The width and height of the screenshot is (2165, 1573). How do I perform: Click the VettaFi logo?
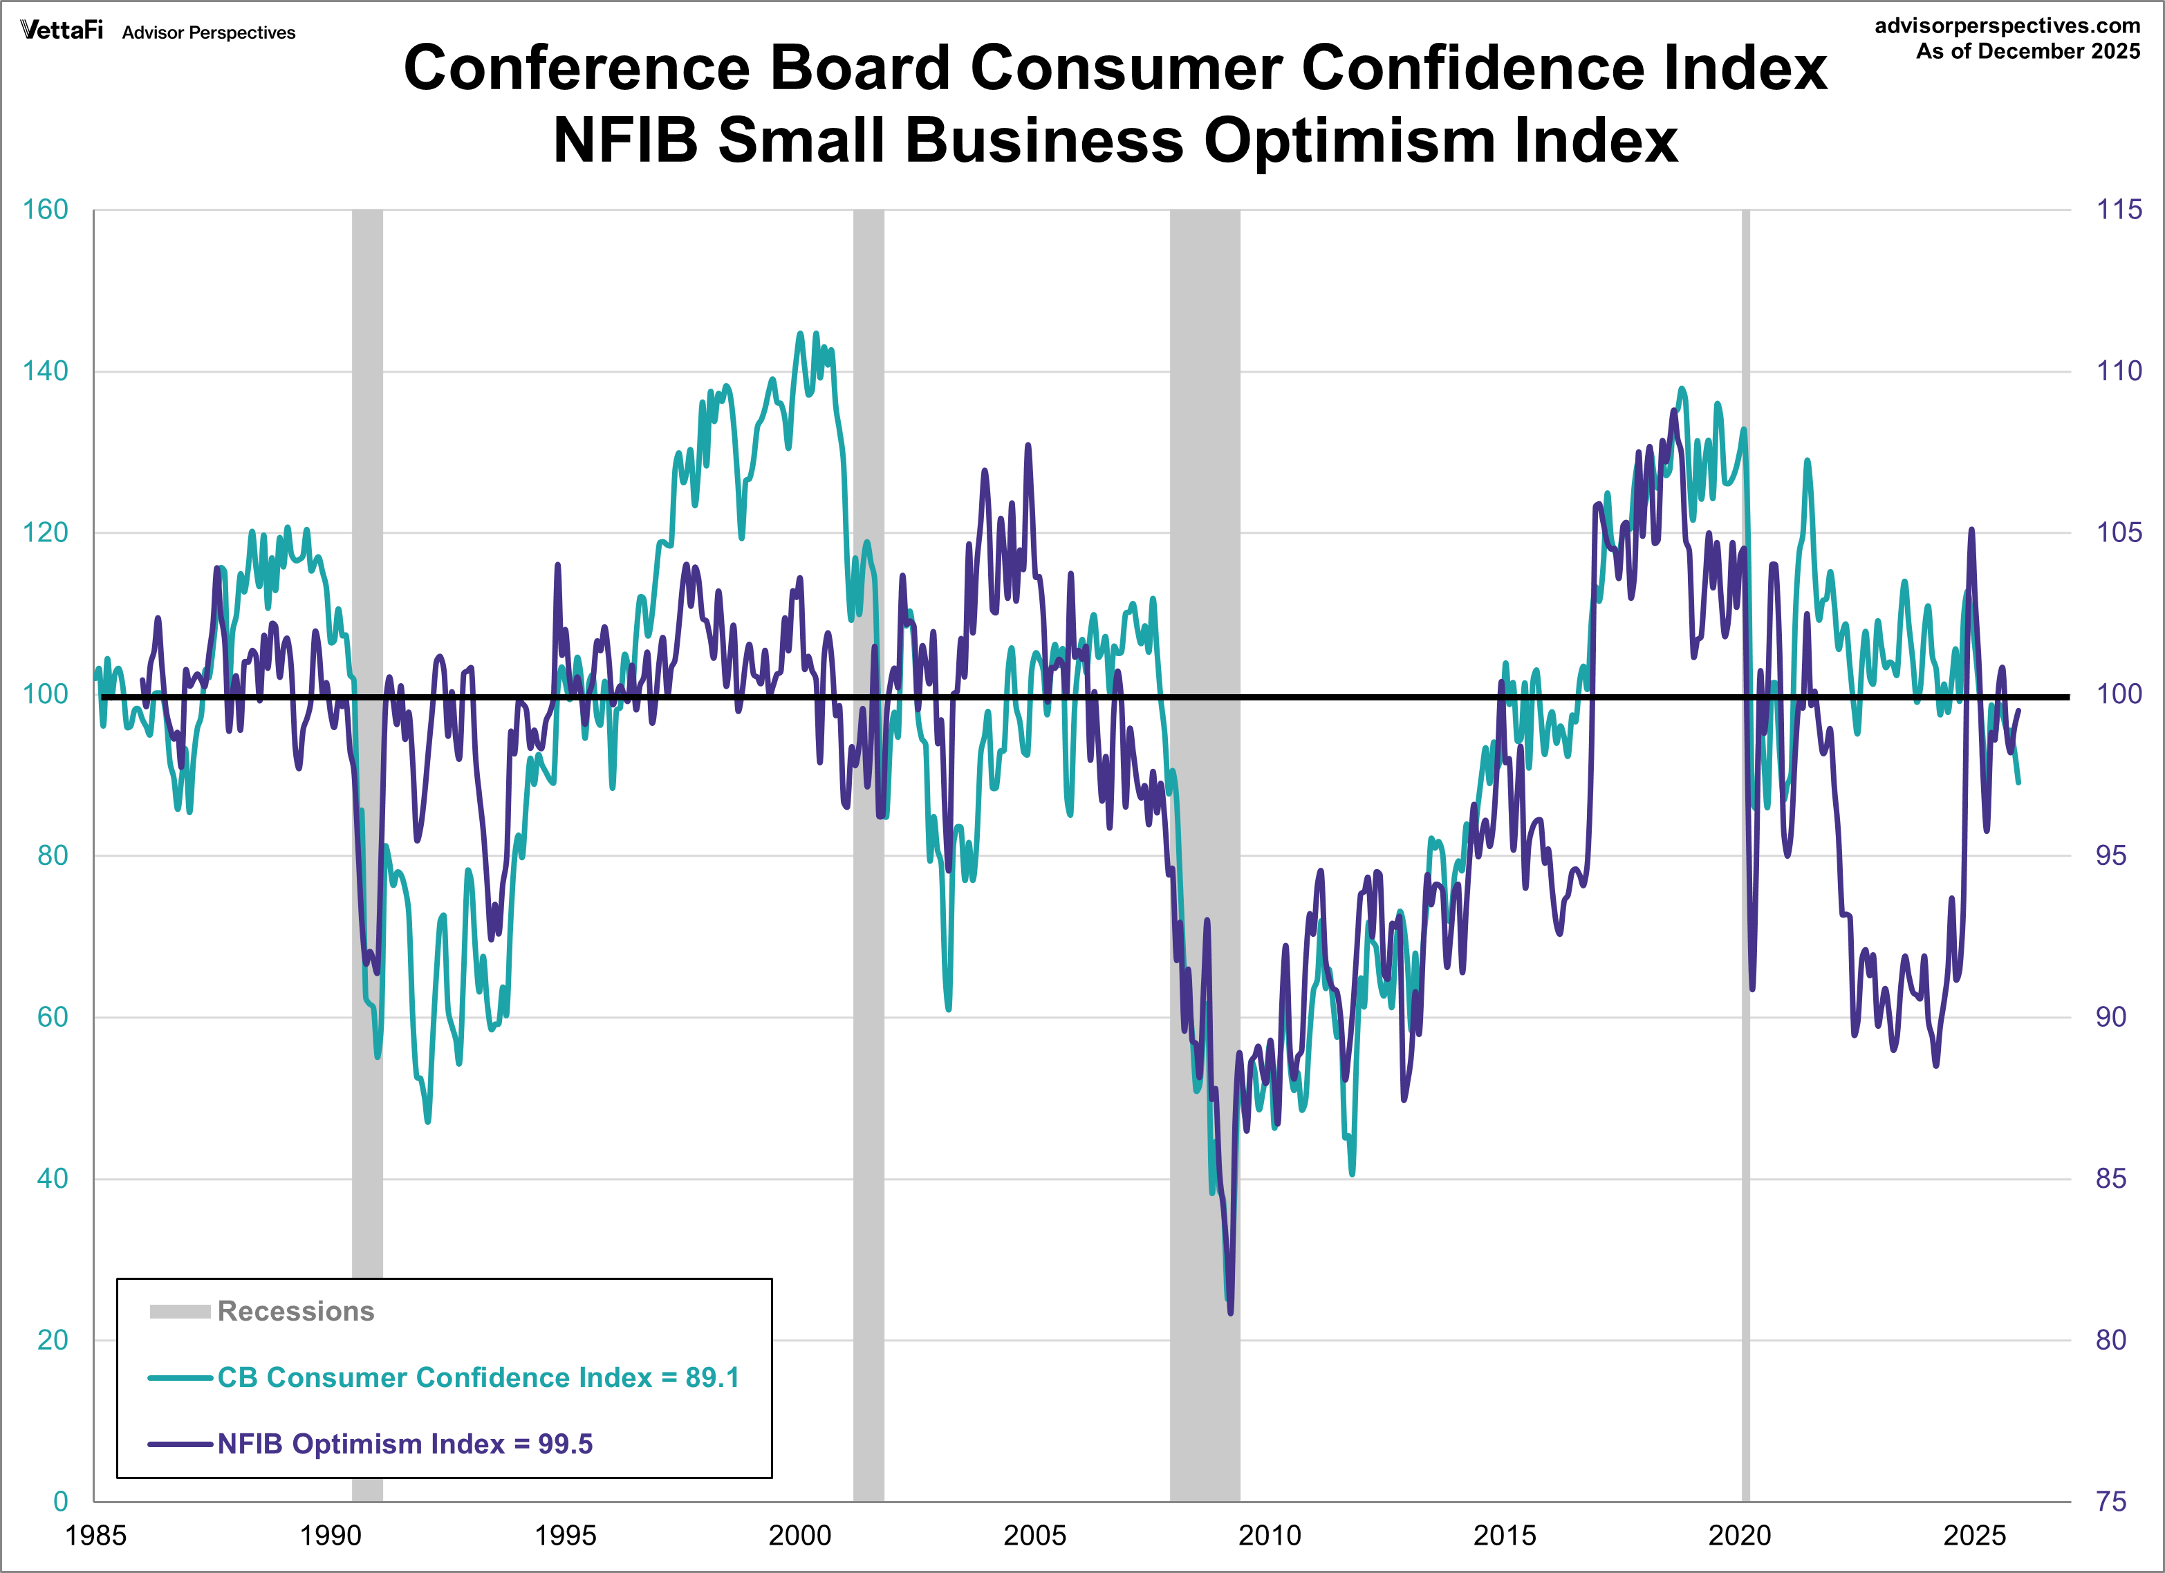(x=61, y=30)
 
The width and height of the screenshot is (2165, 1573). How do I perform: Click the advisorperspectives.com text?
(x=2007, y=26)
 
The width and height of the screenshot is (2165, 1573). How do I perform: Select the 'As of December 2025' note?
(x=2027, y=52)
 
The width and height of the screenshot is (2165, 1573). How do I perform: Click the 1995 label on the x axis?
(x=565, y=1536)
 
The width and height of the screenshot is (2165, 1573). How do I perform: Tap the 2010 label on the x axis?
(x=1270, y=1536)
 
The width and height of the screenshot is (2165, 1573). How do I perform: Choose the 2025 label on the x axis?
(x=1975, y=1536)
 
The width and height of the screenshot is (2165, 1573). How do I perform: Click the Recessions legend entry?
(x=295, y=1312)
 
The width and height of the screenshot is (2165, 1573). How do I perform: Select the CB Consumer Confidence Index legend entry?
(x=477, y=1377)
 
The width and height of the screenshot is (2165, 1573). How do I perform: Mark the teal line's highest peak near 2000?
(x=801, y=333)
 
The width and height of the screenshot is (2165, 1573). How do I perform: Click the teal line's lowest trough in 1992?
(x=427, y=1121)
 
